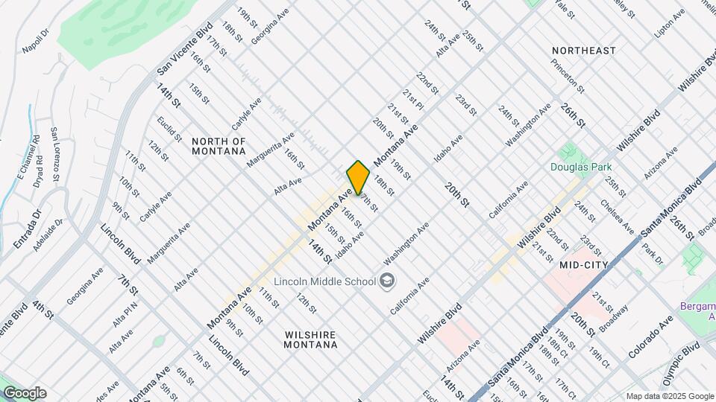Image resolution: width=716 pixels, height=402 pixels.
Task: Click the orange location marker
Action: tap(358, 177)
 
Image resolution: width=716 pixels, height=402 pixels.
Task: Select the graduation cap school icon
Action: tap(387, 280)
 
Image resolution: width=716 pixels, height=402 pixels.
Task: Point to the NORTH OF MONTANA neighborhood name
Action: tap(219, 146)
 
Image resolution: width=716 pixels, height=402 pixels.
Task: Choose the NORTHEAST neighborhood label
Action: tap(584, 51)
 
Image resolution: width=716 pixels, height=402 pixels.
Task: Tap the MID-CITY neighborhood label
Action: tap(584, 264)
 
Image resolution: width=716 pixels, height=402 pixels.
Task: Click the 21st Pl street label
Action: tap(413, 100)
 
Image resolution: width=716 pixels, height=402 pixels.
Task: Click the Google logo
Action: tap(25, 393)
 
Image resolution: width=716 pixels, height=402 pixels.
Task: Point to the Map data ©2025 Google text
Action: tap(669, 396)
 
